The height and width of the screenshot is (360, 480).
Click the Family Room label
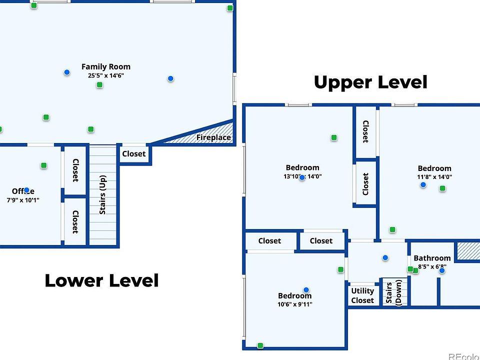click(106, 66)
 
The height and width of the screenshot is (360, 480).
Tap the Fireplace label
click(213, 137)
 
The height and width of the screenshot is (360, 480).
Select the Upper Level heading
click(370, 82)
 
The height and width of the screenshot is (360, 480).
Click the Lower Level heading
click(101, 280)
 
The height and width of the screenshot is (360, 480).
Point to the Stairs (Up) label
click(102, 194)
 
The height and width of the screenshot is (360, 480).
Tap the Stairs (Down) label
click(394, 293)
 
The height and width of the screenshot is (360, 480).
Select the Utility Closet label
click(362, 295)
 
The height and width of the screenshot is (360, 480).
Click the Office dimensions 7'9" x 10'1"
click(23, 200)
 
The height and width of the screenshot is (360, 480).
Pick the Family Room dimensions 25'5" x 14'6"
click(106, 75)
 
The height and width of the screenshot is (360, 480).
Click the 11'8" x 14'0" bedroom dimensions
click(434, 176)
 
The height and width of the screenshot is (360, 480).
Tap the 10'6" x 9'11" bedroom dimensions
click(295, 304)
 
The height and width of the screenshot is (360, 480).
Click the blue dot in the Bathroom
click(442, 270)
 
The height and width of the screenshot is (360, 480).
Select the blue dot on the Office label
click(27, 190)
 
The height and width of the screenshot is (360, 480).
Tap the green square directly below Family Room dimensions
click(99, 85)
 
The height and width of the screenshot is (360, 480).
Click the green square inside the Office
click(44, 165)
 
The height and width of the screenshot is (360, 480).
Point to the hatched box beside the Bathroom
click(467, 251)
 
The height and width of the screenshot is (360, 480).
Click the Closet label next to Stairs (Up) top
click(134, 154)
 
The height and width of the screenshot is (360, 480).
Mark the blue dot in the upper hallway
click(385, 257)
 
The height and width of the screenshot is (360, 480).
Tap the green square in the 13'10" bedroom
click(334, 137)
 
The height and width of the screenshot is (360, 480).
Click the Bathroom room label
click(432, 258)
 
